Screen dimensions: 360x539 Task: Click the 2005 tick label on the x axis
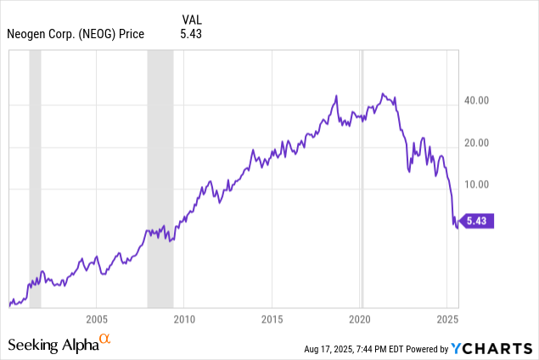tap(96, 319)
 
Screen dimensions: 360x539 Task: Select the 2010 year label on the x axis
tap(184, 319)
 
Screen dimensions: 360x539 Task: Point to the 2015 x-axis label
tap(272, 319)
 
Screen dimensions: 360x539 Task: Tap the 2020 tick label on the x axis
tap(360, 319)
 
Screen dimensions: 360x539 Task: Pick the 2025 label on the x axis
tap(447, 319)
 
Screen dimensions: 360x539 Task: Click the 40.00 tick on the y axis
tap(476, 101)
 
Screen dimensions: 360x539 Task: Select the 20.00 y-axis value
tap(476, 143)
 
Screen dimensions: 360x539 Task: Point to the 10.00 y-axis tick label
tap(476, 184)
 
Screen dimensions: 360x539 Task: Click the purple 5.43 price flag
tap(478, 222)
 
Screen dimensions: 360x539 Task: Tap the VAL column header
tap(191, 19)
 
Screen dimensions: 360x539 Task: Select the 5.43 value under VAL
tap(191, 34)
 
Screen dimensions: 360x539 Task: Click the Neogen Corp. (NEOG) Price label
tap(76, 34)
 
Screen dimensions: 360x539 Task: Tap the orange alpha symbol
tap(105, 340)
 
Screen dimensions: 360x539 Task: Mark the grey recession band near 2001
tap(35, 178)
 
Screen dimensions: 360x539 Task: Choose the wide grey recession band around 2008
tap(160, 178)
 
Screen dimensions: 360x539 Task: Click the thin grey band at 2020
tap(362, 178)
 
